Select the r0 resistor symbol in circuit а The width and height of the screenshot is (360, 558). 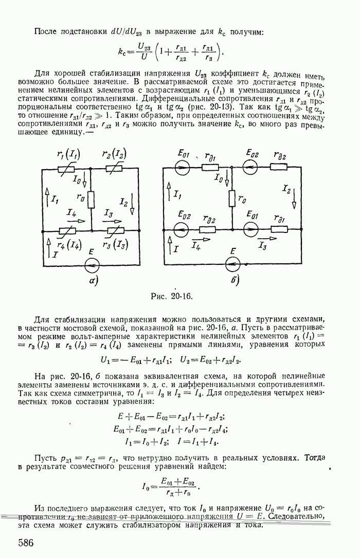(x=91, y=200)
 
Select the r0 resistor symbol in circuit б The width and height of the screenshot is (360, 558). (x=232, y=200)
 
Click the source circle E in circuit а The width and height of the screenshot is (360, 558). (x=92, y=266)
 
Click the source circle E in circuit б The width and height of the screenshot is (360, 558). (x=233, y=266)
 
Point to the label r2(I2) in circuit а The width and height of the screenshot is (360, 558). (x=114, y=154)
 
